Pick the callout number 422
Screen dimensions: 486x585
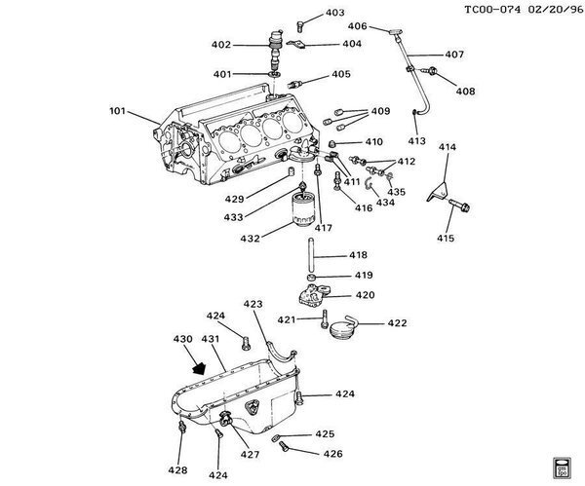point(398,322)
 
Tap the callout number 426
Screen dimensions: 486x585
point(332,453)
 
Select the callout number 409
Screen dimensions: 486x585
point(379,112)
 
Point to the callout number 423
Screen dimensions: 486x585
point(253,305)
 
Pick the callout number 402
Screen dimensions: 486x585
point(220,44)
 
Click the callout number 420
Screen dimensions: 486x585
point(365,294)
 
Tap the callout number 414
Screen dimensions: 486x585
point(448,147)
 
